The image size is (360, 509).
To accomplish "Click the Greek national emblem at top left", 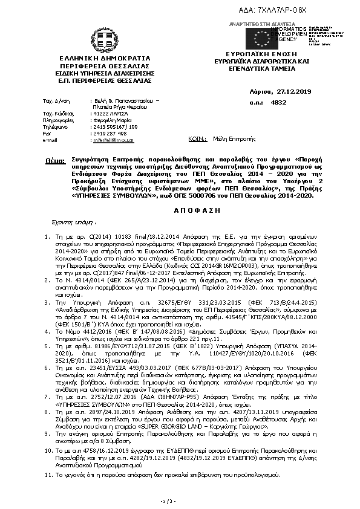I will [x=100, y=37].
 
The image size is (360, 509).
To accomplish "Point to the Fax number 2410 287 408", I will [x=110, y=133].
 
